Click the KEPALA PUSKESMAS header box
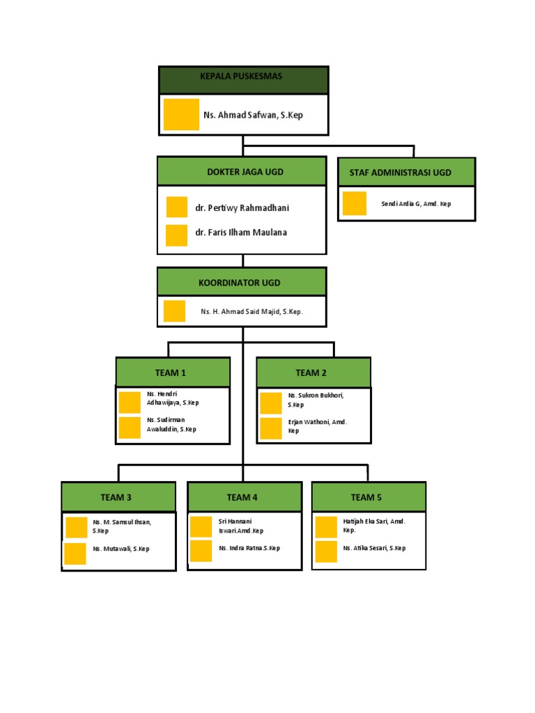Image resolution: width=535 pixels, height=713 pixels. click(242, 77)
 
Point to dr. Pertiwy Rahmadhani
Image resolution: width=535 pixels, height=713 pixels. click(242, 207)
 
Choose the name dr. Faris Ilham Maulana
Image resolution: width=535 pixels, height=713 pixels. click(241, 233)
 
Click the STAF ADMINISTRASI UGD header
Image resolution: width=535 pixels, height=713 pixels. click(405, 172)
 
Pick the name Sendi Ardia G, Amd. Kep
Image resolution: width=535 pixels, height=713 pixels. click(416, 204)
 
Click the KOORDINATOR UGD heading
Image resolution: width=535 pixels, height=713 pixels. click(240, 283)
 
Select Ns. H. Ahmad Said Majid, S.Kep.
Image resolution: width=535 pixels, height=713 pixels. click(251, 312)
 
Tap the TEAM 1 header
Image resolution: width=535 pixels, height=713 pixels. click(173, 373)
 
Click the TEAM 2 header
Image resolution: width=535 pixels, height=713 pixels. click(313, 373)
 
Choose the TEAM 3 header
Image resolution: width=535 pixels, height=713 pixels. click(116, 497)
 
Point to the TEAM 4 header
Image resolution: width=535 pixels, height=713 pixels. click(242, 497)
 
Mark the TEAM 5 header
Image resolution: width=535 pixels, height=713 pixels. click(367, 497)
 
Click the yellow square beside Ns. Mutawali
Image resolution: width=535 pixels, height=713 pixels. click(75, 554)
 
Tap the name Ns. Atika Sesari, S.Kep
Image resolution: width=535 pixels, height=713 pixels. click(374, 548)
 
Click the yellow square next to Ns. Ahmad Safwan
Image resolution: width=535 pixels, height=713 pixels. click(181, 114)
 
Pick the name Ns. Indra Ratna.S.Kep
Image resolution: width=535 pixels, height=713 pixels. click(249, 548)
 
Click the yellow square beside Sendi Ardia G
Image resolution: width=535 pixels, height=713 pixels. click(355, 203)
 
